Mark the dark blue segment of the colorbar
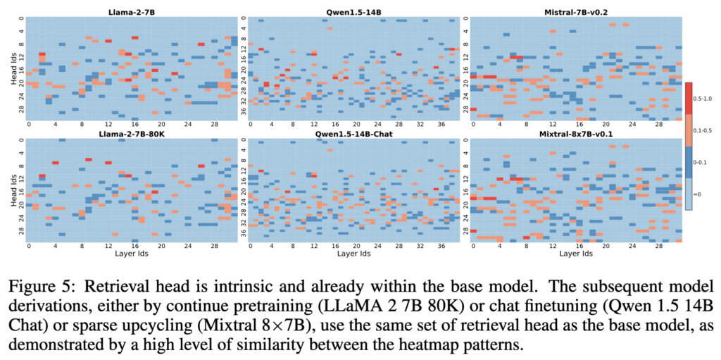tap(689, 162)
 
